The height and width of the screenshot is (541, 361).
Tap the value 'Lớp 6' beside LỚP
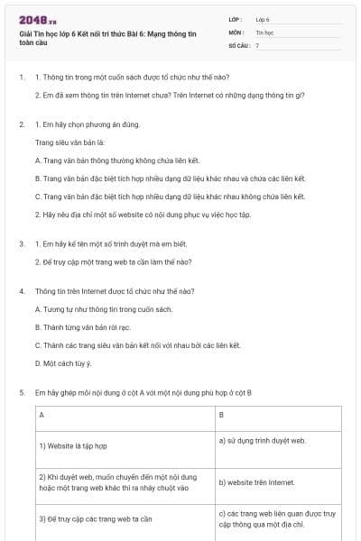pyautogui.click(x=263, y=18)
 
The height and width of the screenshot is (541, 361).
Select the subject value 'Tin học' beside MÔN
pyautogui.click(x=264, y=31)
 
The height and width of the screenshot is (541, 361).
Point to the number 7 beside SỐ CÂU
pyautogui.click(x=257, y=44)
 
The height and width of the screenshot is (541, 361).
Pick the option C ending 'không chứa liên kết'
pyautogui.click(x=170, y=196)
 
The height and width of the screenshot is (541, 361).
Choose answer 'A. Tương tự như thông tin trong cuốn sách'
pyautogui.click(x=103, y=309)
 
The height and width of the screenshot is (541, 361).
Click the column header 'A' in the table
pyautogui.click(x=42, y=415)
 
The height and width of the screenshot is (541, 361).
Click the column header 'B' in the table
pyautogui.click(x=222, y=415)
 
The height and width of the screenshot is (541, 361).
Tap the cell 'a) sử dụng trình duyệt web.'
pyautogui.click(x=263, y=440)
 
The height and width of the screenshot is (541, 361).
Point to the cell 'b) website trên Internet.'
pyautogui.click(x=257, y=482)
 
